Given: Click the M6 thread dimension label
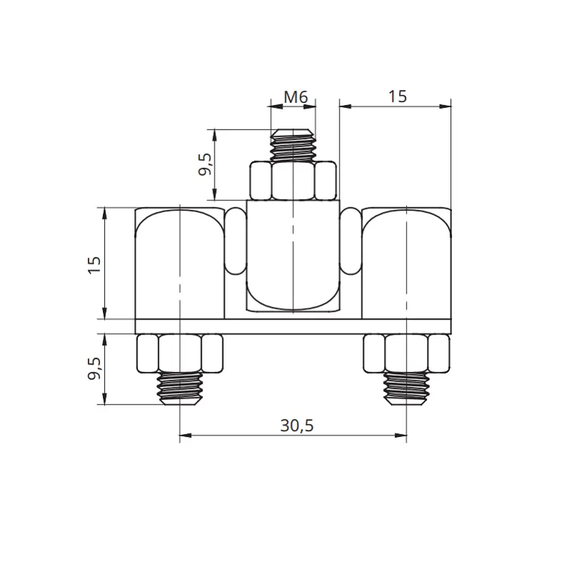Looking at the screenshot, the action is coord(296,97).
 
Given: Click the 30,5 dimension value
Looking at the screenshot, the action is coord(297,425).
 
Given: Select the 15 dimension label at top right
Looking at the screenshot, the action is coord(398,97).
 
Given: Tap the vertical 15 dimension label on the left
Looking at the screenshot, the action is coord(94,265).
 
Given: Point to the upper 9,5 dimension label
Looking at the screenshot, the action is coord(205,164).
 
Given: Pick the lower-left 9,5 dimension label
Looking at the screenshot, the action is coord(94,368).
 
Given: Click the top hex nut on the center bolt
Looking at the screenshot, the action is coord(293,181).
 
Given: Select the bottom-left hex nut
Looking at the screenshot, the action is coord(180,353).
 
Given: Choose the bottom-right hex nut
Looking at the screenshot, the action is coord(406,353).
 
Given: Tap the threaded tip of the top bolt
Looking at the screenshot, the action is coord(293,145).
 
